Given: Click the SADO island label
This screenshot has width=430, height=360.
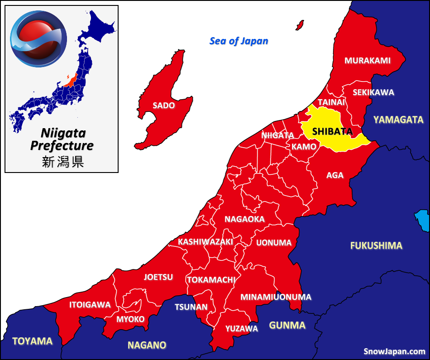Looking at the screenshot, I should click(x=164, y=106).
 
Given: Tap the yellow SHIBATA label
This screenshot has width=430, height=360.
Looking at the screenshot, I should click(x=332, y=131).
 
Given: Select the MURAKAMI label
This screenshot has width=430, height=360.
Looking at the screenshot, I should click(x=368, y=60).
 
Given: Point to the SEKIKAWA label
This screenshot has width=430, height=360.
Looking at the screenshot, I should click(x=373, y=92).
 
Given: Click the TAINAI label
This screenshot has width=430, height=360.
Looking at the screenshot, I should click(x=331, y=102).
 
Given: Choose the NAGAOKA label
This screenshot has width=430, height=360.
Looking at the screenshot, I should click(x=244, y=219).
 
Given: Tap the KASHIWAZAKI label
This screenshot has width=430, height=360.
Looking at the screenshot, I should click(x=205, y=242).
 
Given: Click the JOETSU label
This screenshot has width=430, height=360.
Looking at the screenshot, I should click(x=158, y=277).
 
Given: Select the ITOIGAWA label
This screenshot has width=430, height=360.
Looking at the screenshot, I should click(x=90, y=305).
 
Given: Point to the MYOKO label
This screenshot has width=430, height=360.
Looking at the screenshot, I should click(x=130, y=319).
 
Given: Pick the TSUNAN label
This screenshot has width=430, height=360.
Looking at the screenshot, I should click(x=191, y=307).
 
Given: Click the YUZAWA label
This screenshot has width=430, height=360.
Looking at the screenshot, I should click(x=242, y=329).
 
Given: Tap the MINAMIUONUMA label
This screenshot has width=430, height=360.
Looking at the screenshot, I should click(x=276, y=297).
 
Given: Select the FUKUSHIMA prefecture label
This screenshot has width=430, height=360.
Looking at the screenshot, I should click(x=376, y=246).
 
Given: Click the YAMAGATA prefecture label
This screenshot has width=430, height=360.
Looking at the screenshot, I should click(x=398, y=120).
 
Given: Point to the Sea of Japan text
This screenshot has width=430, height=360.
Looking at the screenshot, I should click(x=239, y=41).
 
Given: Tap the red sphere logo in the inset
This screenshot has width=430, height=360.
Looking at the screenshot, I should click(x=38, y=38).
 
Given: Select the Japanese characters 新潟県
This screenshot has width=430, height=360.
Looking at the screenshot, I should click(x=63, y=162).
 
